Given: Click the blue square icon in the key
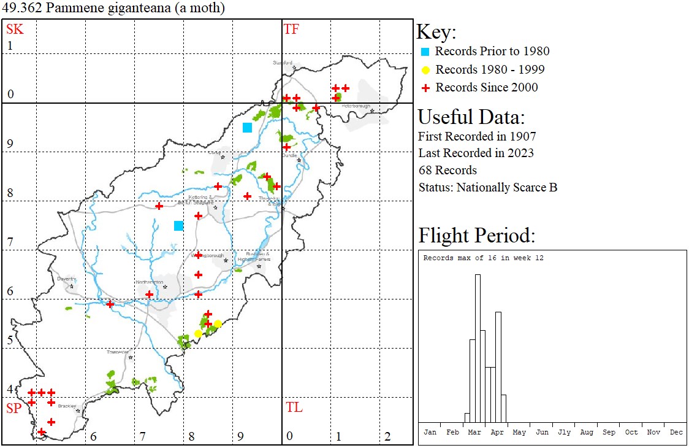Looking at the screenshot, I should [424, 52].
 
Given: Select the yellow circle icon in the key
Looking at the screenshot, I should [424, 70].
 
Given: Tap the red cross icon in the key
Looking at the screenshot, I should [424, 88].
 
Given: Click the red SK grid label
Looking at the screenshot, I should [15, 29].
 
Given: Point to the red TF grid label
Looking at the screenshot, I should [291, 29].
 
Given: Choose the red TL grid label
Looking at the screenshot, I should [294, 407].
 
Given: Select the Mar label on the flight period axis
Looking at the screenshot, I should [474, 432].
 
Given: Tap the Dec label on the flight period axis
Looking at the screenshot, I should [676, 432].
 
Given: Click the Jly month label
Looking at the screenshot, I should [564, 432].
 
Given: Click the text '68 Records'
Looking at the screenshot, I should [447, 170].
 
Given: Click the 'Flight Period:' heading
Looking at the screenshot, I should [477, 235].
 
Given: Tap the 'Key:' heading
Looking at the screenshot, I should [436, 33].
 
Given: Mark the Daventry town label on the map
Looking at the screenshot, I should [66, 279].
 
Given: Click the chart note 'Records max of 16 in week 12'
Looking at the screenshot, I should [483, 258].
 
